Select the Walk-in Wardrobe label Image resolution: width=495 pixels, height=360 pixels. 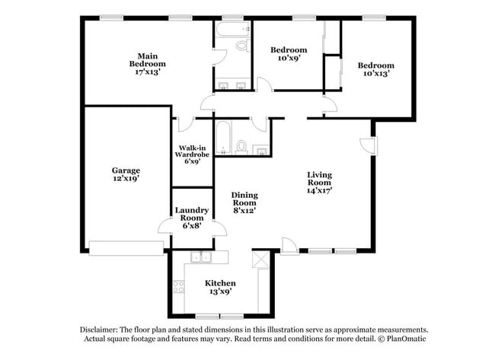pos(192,154)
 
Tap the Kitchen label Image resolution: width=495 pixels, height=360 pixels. pos(220,286)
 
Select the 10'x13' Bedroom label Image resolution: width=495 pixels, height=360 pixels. pos(376,70)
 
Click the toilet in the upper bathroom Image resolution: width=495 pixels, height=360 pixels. pos(242,46)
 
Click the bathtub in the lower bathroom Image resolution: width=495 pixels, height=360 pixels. pos(222,139)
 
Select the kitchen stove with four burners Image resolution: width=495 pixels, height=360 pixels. pos(180,288)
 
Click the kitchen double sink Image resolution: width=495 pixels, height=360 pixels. pos(201,257)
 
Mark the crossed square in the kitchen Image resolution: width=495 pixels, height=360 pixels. pos(261,261)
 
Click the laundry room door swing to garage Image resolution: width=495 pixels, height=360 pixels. pos(164,226)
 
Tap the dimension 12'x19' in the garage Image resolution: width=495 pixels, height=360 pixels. pos(126,180)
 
